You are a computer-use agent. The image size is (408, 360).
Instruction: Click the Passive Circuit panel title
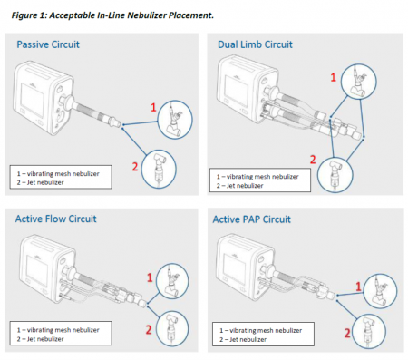(x=48, y=44)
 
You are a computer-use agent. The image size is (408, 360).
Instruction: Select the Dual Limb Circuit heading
(x=255, y=44)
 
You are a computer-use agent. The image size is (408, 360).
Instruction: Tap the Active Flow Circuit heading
(x=56, y=219)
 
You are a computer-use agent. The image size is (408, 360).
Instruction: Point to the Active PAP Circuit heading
(x=252, y=219)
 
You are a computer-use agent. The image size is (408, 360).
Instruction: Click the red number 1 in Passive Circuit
(x=153, y=107)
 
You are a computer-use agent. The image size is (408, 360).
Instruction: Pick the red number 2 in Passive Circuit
(x=135, y=167)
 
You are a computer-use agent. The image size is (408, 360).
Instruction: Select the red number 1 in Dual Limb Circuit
(x=333, y=77)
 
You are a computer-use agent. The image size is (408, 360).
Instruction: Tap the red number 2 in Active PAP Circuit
(x=347, y=333)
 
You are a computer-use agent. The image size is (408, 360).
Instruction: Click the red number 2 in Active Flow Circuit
(x=149, y=330)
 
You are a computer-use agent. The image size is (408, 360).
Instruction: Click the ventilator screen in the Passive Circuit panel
(x=32, y=100)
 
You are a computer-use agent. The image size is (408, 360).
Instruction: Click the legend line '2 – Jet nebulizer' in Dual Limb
(x=239, y=186)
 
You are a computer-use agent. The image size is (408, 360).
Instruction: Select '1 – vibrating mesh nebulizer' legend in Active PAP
(x=261, y=330)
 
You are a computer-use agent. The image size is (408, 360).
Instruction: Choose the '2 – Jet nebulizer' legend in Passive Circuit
(x=40, y=182)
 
